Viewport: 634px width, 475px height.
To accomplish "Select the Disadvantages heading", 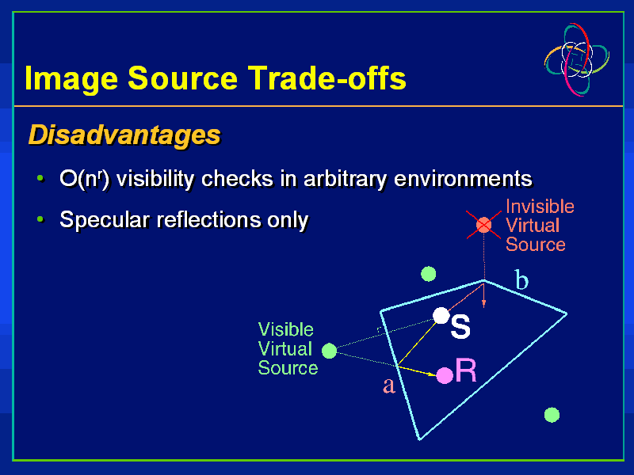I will tap(124, 135).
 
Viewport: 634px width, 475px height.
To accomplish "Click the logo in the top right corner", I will tap(577, 59).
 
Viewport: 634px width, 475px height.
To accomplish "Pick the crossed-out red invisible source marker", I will tap(483, 226).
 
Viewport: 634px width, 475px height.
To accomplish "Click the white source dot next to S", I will tap(441, 316).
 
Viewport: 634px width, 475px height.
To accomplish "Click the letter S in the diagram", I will tap(460, 327).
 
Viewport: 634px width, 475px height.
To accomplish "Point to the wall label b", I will tap(521, 280).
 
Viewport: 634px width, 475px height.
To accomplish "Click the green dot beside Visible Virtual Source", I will tap(330, 351).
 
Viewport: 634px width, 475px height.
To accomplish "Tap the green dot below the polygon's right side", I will tap(552, 415).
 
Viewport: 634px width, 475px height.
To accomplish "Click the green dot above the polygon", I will tap(429, 274).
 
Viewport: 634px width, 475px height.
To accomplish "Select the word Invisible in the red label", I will tap(540, 207).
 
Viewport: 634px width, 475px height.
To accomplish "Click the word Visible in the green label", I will tap(285, 329).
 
